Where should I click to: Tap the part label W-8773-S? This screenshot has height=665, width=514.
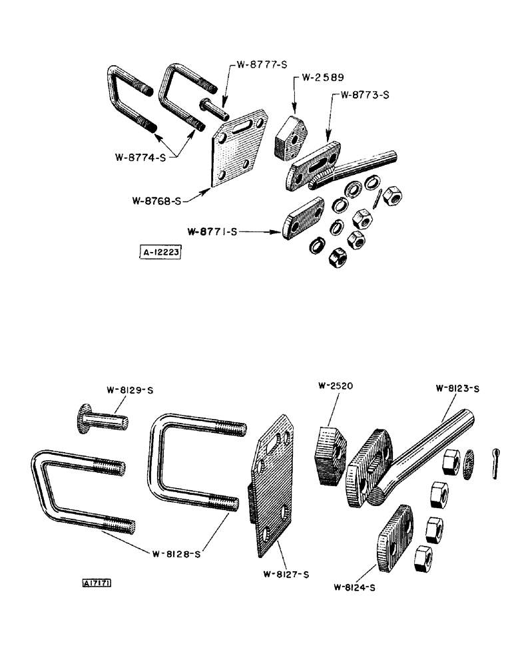point(364,95)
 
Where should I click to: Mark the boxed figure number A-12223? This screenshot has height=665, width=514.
point(160,253)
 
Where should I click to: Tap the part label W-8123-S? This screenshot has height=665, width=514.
point(458,388)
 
